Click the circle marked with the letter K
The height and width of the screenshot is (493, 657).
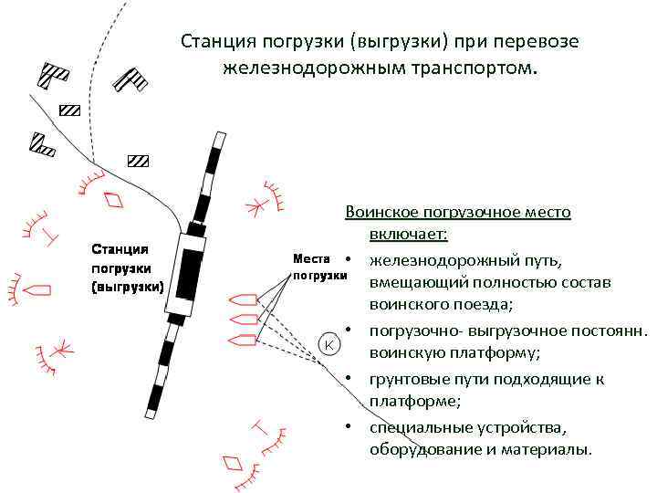pos(329,344)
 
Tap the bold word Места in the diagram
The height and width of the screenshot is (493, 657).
pos(312,258)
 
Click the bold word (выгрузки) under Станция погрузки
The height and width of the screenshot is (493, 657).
pos(127,287)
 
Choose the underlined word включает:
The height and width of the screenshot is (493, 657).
pos(408,236)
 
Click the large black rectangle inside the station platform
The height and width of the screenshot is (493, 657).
pos(189,275)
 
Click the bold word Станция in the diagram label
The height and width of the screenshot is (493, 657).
pos(120,249)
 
